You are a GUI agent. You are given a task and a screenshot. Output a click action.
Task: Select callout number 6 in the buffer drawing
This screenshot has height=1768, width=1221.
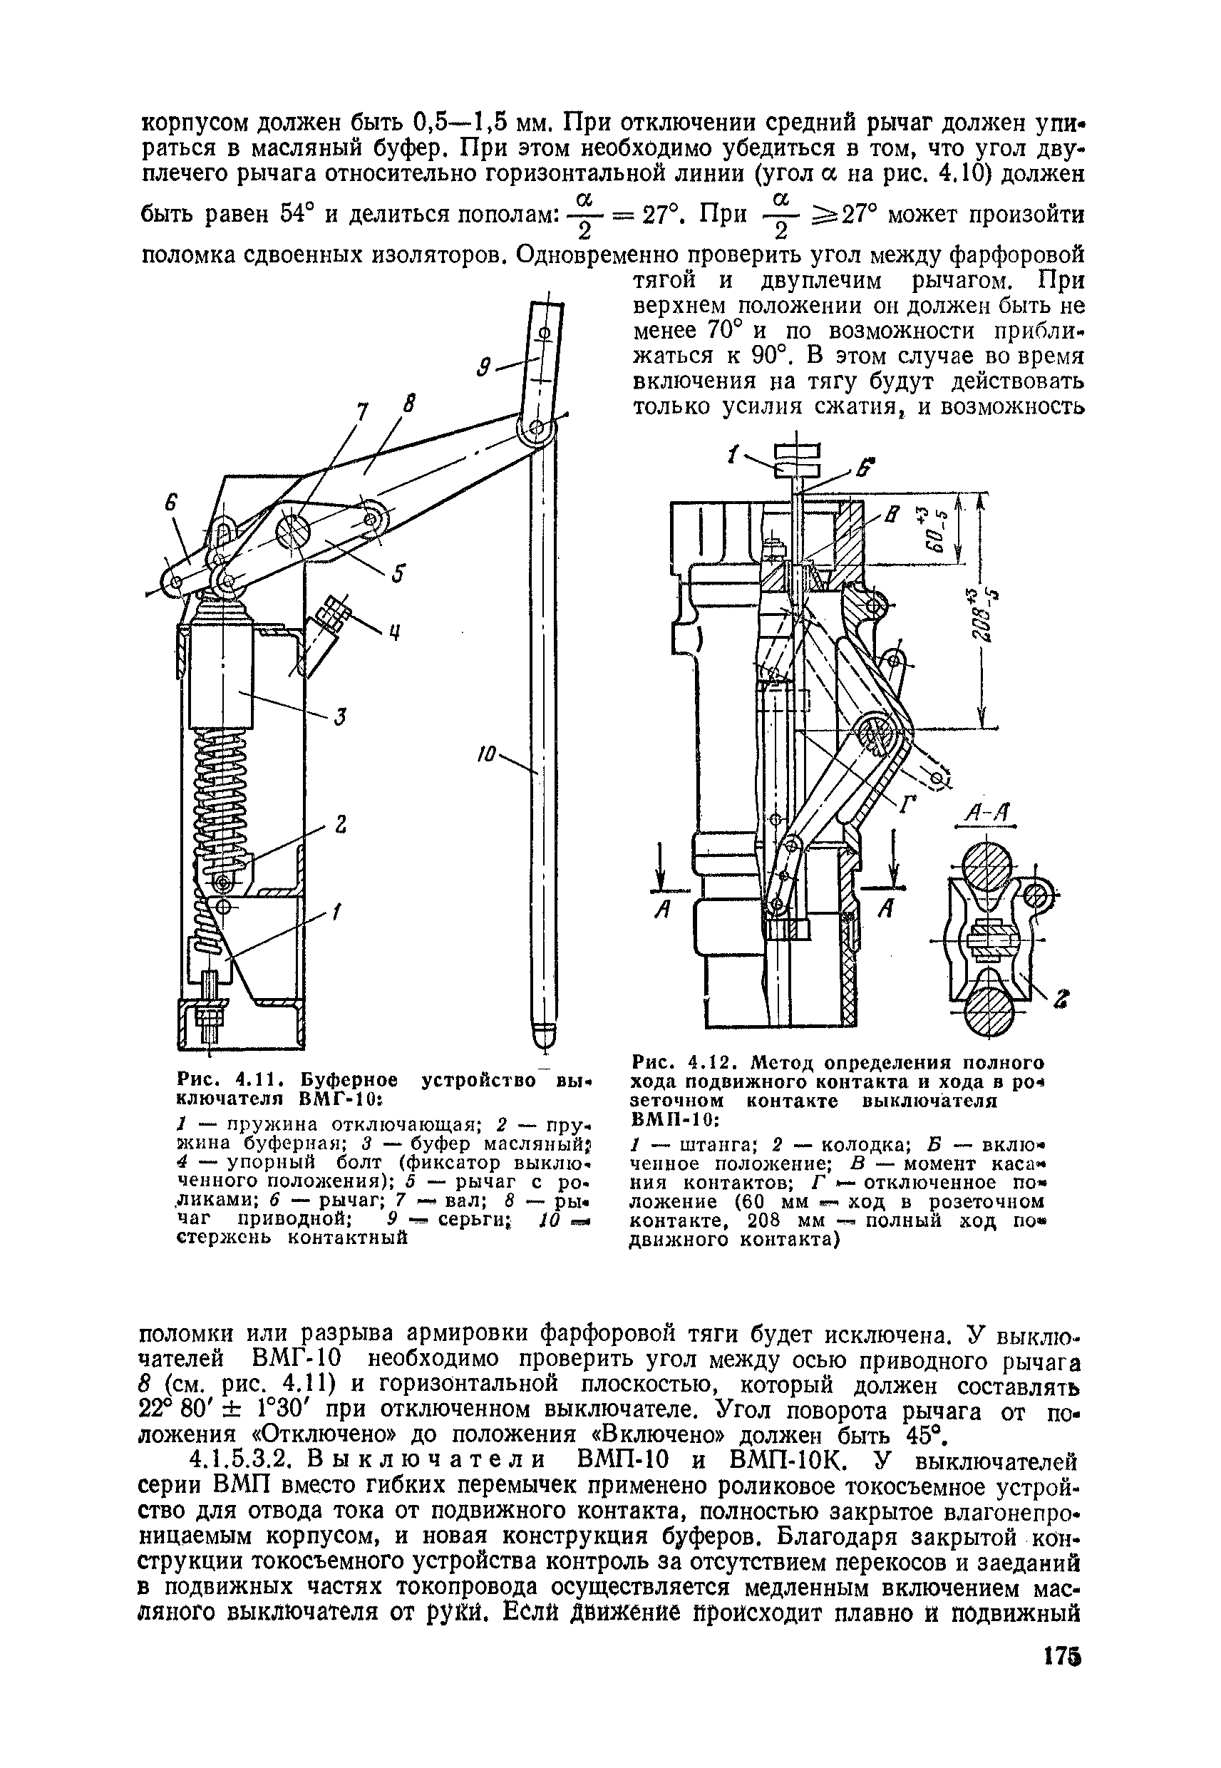[171, 504]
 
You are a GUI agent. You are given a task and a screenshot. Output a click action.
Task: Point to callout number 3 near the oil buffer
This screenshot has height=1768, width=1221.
[341, 717]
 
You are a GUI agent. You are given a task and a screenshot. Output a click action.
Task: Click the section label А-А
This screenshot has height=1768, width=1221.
[988, 816]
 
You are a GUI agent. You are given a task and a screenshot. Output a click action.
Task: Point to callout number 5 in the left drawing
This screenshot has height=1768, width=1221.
[399, 573]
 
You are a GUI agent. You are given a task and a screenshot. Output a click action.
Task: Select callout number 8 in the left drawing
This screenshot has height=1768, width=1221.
[409, 405]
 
